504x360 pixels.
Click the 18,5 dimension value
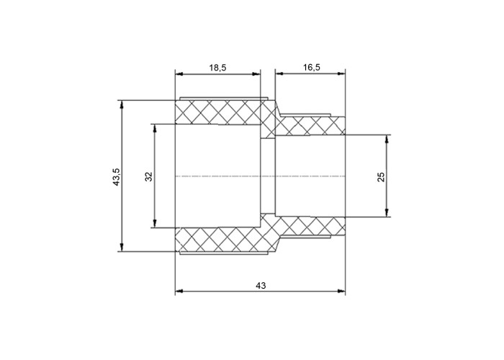[x=218, y=68]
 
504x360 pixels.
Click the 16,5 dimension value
[x=312, y=67]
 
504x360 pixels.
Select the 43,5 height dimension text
[x=117, y=176]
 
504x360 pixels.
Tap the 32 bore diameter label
[x=148, y=176]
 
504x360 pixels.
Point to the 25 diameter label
[x=381, y=177]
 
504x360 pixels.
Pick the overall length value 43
[x=261, y=285]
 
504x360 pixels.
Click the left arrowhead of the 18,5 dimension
[x=179, y=74]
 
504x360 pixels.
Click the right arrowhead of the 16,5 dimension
[x=341, y=74]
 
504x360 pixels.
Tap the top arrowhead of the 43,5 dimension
[x=122, y=105]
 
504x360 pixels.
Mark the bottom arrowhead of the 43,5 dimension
[x=122, y=247]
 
